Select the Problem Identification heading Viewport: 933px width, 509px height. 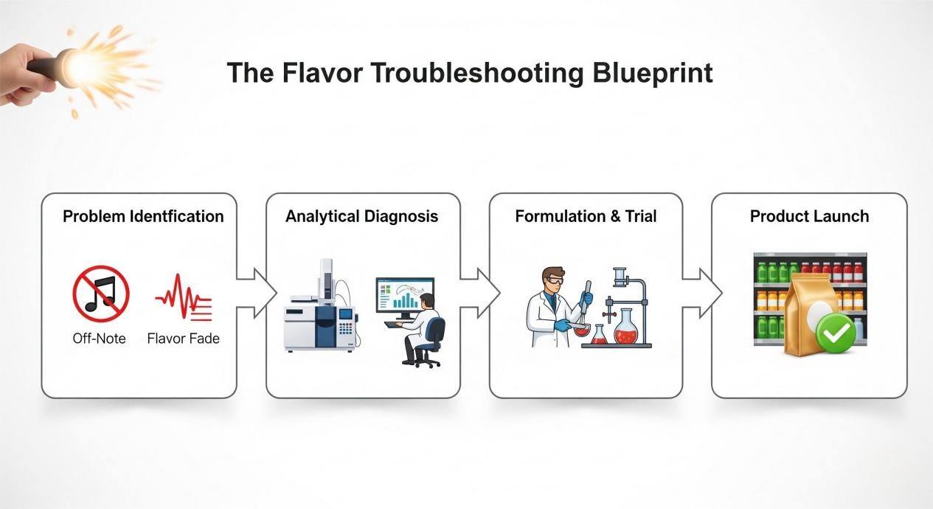click(143, 216)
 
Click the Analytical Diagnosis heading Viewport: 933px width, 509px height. click(361, 216)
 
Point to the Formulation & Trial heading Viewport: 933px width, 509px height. click(586, 216)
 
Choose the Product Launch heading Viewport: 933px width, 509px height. click(809, 216)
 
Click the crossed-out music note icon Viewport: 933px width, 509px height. click(101, 294)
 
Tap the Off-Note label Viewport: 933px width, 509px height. click(99, 339)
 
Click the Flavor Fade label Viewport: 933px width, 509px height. click(183, 339)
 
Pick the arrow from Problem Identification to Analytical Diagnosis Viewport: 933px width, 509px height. click(254, 293)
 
